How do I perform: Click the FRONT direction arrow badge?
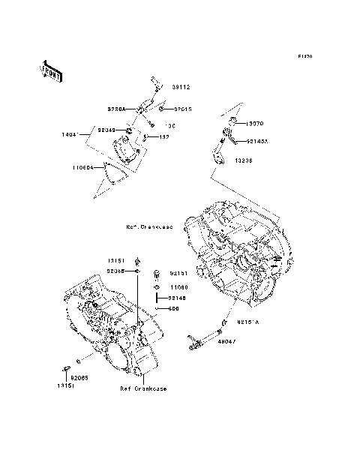click(x=51, y=70)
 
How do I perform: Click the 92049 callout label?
click(x=108, y=130)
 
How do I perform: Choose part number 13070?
click(x=255, y=122)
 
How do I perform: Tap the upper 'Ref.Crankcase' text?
click(x=149, y=226)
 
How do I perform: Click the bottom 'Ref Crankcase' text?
click(x=142, y=388)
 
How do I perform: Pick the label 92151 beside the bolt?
click(x=178, y=274)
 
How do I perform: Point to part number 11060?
click(x=178, y=286)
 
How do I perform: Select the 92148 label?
click(x=178, y=298)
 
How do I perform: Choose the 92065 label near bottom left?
click(x=80, y=377)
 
